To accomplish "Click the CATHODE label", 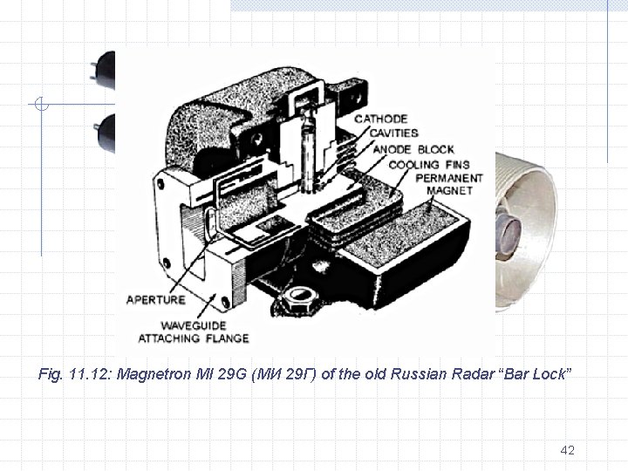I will coord(380,119).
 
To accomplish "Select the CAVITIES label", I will coord(393,133).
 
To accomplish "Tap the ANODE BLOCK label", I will coord(413,149).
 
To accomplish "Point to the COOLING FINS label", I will coord(430,164).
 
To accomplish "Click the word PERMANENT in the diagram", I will coord(444,178).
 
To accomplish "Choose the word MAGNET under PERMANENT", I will coord(449,190).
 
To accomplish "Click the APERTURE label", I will coord(156,299).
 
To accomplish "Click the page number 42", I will coord(567,450).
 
